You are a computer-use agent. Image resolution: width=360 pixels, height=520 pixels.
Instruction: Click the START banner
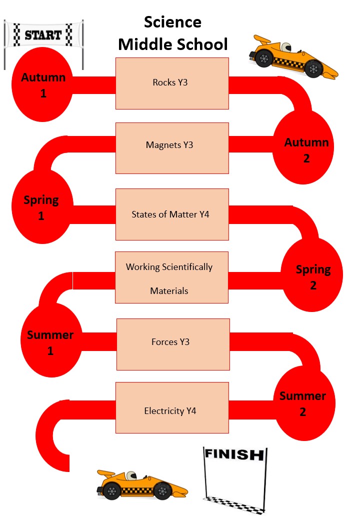click(x=43, y=35)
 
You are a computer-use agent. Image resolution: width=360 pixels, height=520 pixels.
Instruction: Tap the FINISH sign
click(x=234, y=454)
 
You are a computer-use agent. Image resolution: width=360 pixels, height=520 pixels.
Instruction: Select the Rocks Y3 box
click(x=172, y=83)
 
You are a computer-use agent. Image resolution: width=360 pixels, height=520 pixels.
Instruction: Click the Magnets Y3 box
click(x=172, y=148)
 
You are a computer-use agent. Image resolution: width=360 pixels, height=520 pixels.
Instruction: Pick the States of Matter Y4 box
click(x=172, y=214)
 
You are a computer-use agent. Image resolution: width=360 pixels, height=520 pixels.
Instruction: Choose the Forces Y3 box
click(x=172, y=344)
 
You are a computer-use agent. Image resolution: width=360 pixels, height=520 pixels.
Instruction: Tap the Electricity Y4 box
click(x=172, y=407)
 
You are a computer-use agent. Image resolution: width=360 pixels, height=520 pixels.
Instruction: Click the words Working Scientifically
click(x=169, y=267)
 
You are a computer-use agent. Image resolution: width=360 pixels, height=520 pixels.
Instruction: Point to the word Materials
click(x=169, y=290)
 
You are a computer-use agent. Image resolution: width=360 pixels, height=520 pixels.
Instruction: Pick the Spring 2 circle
click(x=313, y=276)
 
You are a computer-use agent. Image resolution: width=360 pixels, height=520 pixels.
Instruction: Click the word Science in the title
click(x=172, y=22)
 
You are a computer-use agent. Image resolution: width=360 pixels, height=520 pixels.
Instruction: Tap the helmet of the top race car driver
click(x=285, y=47)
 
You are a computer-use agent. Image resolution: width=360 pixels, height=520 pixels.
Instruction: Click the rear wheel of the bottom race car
click(x=111, y=491)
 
